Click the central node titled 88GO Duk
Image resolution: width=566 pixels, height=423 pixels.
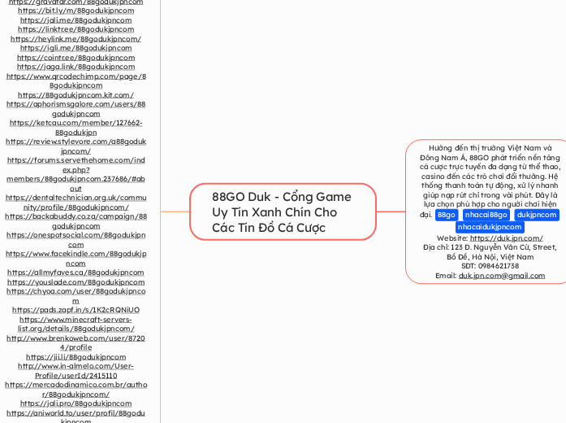click(282, 211)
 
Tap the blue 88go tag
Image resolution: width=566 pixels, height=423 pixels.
click(446, 215)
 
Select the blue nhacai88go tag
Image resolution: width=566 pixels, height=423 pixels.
click(486, 215)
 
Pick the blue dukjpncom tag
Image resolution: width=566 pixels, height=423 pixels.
click(537, 215)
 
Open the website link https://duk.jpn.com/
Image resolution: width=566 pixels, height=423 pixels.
click(506, 238)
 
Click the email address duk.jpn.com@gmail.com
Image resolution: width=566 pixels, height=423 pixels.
click(501, 276)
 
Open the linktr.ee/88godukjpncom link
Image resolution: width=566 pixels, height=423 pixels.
click(76, 29)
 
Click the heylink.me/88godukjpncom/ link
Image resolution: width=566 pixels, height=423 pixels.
click(76, 39)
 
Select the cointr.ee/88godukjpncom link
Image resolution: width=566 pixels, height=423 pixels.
click(76, 58)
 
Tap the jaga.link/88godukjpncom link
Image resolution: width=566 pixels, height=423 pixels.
click(76, 67)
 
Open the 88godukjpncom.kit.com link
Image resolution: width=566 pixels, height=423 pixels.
click(76, 95)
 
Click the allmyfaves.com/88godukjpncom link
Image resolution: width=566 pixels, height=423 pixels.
click(76, 273)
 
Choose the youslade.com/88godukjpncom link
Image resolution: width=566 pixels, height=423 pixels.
click(76, 282)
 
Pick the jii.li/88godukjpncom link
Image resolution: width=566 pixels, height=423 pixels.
click(76, 357)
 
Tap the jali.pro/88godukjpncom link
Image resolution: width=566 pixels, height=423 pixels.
click(76, 403)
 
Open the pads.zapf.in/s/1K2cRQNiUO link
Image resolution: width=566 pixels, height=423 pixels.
click(76, 310)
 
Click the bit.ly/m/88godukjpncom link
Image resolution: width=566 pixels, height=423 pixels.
click(76, 11)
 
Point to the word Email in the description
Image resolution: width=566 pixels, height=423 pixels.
click(446, 276)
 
